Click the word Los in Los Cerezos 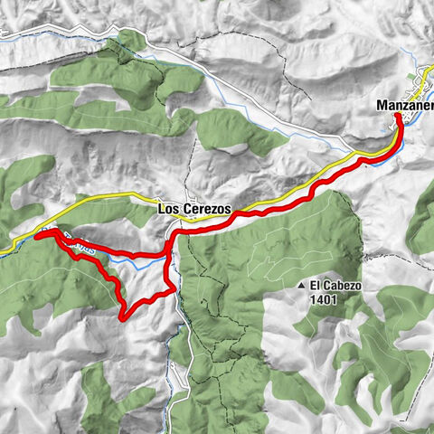pos(169,208)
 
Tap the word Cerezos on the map pos(207,208)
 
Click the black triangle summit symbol pos(299,286)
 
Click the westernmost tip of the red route pos(38,235)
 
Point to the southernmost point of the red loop pos(123,316)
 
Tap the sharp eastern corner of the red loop pos(174,288)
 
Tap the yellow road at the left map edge pos(4,248)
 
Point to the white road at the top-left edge pos(4,36)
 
